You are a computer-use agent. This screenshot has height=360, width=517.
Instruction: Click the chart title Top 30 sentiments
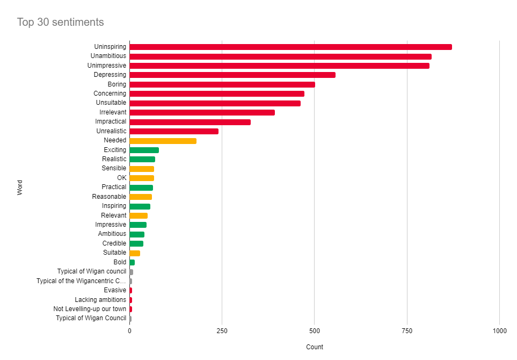[x=60, y=22]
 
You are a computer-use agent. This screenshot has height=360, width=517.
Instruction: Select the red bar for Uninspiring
[x=290, y=47]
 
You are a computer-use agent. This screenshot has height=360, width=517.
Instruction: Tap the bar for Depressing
[x=232, y=75]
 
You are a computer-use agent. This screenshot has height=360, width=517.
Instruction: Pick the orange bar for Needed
[x=163, y=141]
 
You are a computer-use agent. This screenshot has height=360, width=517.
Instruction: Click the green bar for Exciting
[x=144, y=150]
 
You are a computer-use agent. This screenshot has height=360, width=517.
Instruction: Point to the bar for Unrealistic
[x=174, y=131]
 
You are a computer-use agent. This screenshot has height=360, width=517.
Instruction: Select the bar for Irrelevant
[x=202, y=112]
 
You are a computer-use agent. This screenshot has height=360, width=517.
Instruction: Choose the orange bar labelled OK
[x=142, y=178]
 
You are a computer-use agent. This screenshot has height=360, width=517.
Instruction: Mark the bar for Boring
[x=222, y=84]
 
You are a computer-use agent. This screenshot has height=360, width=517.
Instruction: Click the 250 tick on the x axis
[x=222, y=332]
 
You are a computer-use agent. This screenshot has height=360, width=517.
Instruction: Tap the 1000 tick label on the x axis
[x=499, y=332]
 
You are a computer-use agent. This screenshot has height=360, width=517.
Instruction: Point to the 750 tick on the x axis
[x=407, y=332]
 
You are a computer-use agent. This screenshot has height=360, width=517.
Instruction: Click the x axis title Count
[x=315, y=347]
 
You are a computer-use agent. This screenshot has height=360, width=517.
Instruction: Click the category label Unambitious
[x=108, y=56]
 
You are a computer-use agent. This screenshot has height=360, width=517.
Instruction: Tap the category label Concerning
[x=110, y=93]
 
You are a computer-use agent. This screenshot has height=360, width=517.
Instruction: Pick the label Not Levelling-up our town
[x=90, y=309]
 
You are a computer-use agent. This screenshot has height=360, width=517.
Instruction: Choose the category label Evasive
[x=115, y=290]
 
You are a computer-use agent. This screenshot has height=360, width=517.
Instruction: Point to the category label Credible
[x=114, y=243]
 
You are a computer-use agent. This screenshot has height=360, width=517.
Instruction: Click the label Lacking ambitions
[x=100, y=300]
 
